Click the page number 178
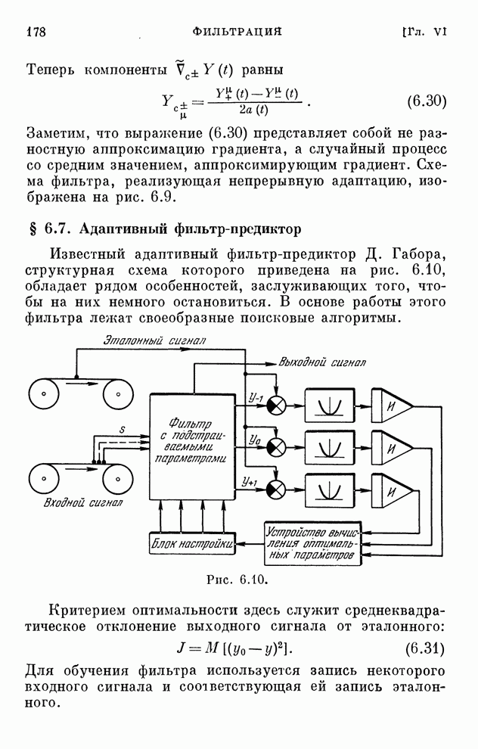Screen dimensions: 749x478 pyautogui.click(x=37, y=31)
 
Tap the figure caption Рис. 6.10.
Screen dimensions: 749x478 pyautogui.click(x=238, y=582)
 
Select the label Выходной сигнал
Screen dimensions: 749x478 pyautogui.click(x=322, y=362)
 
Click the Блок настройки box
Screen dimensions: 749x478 pyautogui.click(x=191, y=544)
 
